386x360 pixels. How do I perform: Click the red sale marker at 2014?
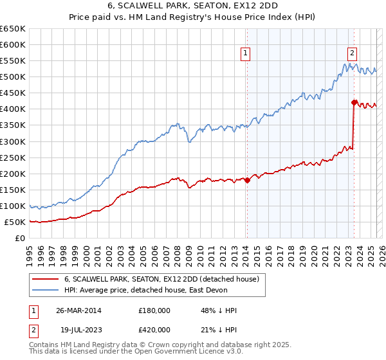click(x=247, y=180)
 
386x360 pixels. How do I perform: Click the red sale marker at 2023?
click(x=354, y=102)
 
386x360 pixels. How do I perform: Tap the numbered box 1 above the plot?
click(x=246, y=54)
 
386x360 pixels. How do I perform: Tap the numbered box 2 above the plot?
click(x=353, y=54)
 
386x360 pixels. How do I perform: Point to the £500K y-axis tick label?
click(x=13, y=77)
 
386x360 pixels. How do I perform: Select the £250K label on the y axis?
click(x=13, y=157)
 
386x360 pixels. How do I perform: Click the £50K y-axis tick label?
click(x=15, y=222)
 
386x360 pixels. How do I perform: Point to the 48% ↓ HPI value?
click(x=219, y=310)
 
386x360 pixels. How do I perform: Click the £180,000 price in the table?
click(x=154, y=310)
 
